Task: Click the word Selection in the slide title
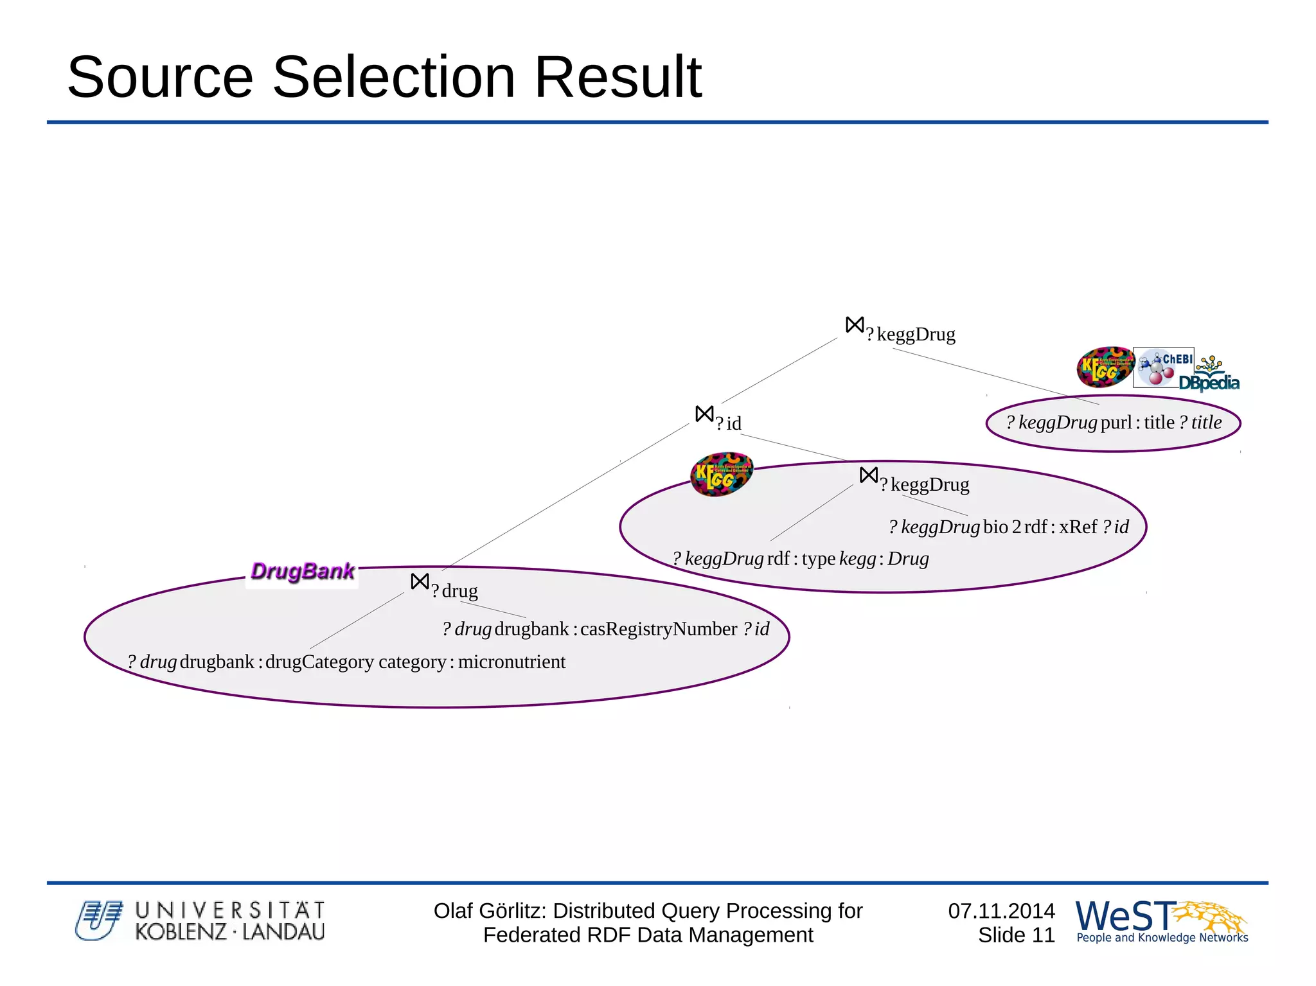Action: click(x=394, y=77)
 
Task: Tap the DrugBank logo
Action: click(x=302, y=571)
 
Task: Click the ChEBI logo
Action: click(x=1164, y=367)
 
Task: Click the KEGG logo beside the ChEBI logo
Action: click(x=1104, y=367)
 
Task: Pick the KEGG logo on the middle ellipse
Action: click(x=721, y=474)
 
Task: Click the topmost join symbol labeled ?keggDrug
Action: click(x=855, y=325)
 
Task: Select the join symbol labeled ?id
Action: click(x=704, y=414)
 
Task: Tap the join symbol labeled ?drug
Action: click(x=420, y=581)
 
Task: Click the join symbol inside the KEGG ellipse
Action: click(x=868, y=475)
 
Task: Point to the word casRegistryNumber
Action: click(x=659, y=629)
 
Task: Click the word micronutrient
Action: click(x=511, y=662)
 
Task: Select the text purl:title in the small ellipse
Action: click(x=1137, y=423)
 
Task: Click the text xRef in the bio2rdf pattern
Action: click(x=1078, y=527)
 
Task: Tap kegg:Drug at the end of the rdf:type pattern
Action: click(x=884, y=559)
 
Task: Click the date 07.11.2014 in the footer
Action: click(x=1001, y=911)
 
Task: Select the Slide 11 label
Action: click(x=1016, y=935)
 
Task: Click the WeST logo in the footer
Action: click(x=1160, y=921)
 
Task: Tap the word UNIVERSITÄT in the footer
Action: click(x=230, y=910)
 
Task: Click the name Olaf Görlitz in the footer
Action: click(x=490, y=911)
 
